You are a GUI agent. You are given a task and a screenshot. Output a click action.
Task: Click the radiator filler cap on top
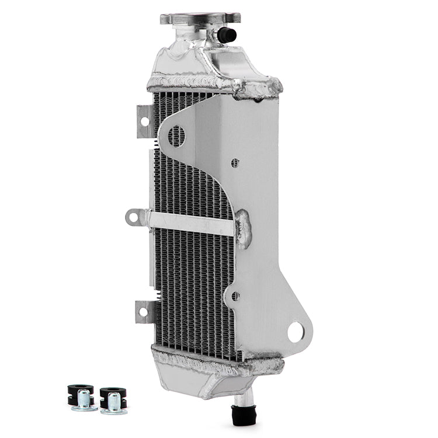click(200, 18)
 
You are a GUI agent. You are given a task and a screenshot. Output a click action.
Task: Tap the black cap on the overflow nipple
click(227, 36)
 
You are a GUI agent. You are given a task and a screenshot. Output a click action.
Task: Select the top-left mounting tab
click(145, 121)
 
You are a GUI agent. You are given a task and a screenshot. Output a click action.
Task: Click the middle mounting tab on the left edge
click(135, 218)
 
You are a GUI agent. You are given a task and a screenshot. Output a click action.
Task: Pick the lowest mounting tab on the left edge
click(144, 311)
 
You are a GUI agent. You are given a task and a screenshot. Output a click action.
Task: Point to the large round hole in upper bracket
click(176, 136)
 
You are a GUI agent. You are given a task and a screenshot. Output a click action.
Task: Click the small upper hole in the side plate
click(235, 163)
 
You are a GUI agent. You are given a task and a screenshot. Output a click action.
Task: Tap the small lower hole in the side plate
click(235, 296)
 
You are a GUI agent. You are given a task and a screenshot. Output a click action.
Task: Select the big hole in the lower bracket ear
click(296, 332)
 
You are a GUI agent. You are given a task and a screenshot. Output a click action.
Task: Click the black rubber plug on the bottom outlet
click(239, 413)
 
